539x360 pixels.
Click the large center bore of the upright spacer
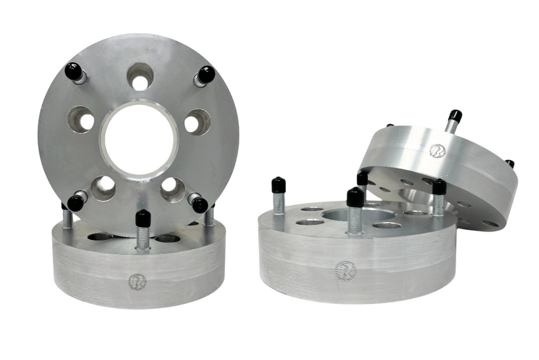(139, 139)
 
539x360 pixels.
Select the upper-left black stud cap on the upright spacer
(73, 71)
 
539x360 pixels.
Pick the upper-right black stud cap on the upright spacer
(206, 74)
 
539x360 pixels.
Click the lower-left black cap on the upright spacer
(75, 203)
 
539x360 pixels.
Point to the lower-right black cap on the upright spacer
(200, 205)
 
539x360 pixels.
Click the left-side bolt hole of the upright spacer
(81, 119)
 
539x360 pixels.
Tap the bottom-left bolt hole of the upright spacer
(103, 188)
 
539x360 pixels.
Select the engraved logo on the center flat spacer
(345, 270)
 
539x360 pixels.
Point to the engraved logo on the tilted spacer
(438, 150)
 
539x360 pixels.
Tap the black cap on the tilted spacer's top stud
(455, 116)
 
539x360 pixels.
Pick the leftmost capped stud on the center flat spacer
(278, 185)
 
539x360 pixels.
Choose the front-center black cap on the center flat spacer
(355, 197)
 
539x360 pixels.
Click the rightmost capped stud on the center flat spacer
(439, 187)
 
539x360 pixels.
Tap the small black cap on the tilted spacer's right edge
(510, 163)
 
